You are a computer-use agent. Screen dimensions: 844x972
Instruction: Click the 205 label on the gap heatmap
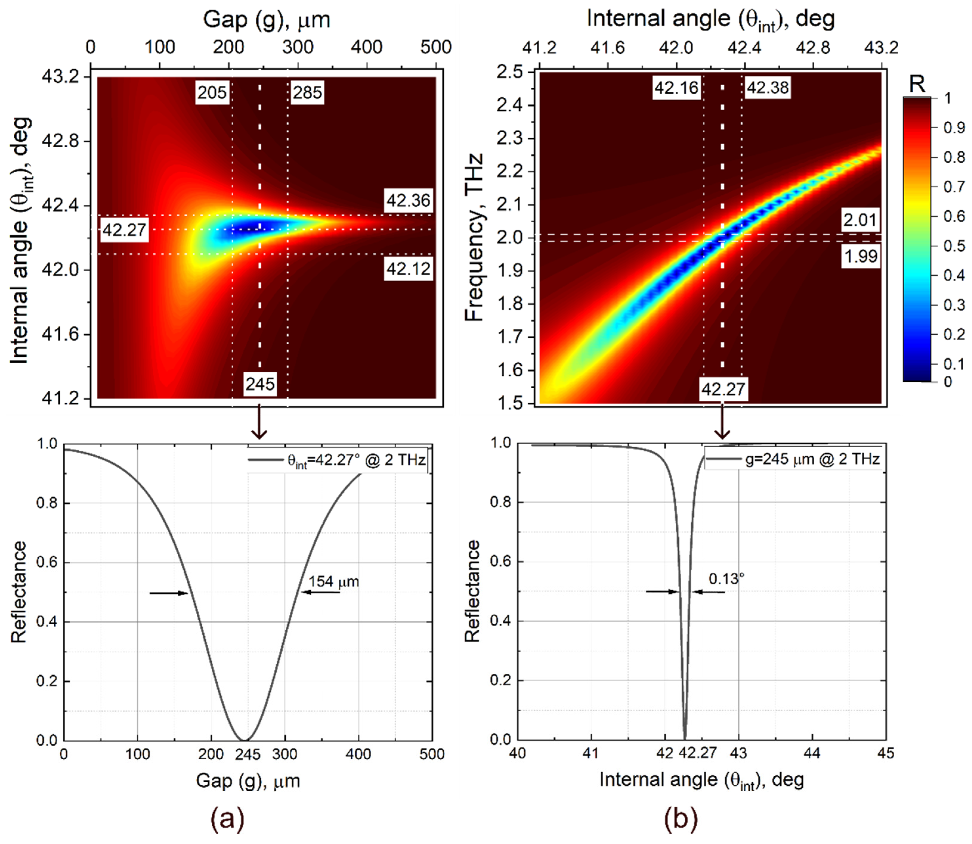[212, 92]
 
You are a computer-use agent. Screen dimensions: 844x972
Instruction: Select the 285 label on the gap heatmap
[307, 92]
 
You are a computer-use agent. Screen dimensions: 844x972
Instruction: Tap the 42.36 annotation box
[408, 201]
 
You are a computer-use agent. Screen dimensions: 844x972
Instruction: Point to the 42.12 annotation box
[408, 269]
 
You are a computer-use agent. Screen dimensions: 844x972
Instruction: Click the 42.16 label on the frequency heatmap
[676, 88]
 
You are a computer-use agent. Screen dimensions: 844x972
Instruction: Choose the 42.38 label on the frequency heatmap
[767, 88]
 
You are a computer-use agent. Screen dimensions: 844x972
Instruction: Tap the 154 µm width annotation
[334, 582]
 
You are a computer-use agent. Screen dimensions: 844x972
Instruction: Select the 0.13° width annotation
[726, 579]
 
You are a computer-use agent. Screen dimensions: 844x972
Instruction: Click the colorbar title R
[917, 84]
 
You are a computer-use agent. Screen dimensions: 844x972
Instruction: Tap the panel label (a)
[227, 819]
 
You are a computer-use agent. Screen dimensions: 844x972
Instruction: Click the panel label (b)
[680, 819]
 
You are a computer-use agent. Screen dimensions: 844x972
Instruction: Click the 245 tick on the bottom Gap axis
[248, 755]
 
